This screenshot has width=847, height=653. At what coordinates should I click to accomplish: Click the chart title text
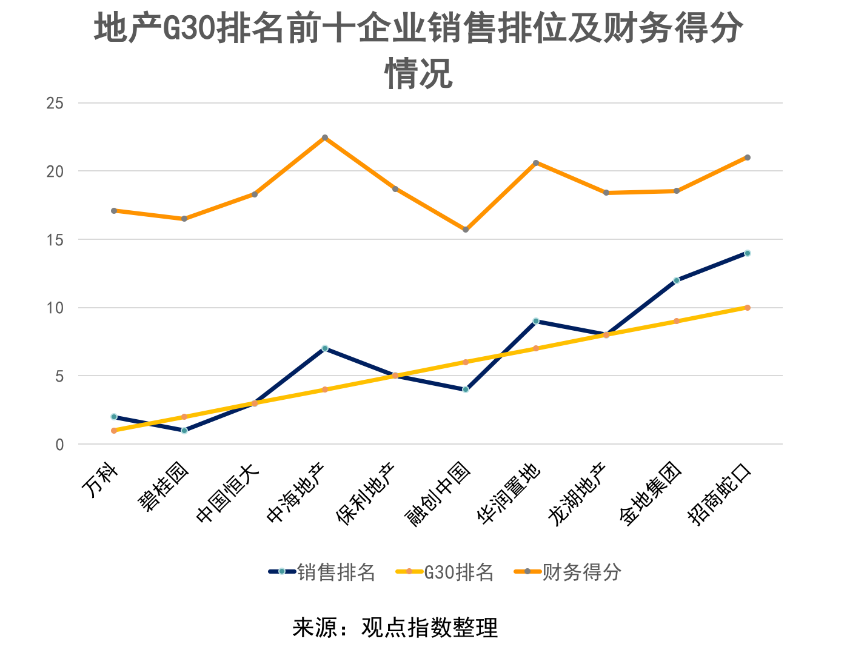(x=418, y=51)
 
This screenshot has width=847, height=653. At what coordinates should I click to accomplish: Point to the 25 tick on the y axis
(x=55, y=104)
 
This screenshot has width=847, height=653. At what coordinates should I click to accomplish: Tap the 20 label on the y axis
(x=55, y=171)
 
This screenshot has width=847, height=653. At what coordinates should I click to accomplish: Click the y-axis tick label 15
(x=55, y=240)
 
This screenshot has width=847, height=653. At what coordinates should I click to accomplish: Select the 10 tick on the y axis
(x=55, y=308)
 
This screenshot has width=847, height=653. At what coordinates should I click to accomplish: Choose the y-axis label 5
(x=59, y=376)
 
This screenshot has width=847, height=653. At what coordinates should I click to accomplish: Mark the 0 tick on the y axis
(x=59, y=445)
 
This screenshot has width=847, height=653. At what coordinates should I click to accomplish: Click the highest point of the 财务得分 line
(x=325, y=138)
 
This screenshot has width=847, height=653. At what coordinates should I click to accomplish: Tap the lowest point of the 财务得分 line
(x=466, y=230)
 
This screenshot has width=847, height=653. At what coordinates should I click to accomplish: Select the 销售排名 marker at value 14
(x=747, y=253)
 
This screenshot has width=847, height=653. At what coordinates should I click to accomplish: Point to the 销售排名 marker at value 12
(x=677, y=280)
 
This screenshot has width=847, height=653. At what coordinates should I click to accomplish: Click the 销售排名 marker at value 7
(x=325, y=348)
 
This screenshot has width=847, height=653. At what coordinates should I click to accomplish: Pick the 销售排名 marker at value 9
(x=536, y=321)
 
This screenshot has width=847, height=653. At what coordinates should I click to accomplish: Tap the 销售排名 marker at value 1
(x=184, y=431)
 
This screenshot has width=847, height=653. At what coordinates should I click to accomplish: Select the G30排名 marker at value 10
(x=747, y=308)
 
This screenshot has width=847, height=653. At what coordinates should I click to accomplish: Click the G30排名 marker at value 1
(x=114, y=431)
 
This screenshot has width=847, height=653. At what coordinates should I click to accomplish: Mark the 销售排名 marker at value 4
(x=466, y=389)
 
